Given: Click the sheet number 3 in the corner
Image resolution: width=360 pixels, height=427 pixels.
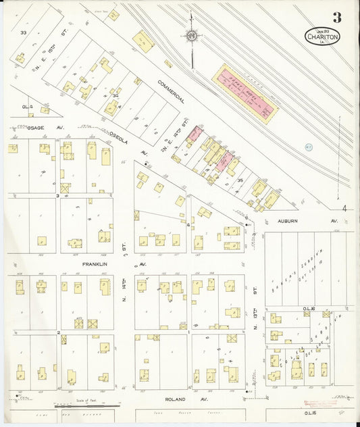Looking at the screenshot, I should pyautogui.click(x=336, y=18).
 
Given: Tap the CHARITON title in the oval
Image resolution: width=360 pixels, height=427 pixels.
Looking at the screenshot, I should pyautogui.click(x=322, y=37).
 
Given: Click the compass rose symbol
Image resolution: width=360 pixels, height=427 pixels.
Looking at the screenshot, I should pyautogui.click(x=191, y=36).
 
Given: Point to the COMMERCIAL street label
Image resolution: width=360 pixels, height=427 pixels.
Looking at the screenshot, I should pyautogui.click(x=172, y=91).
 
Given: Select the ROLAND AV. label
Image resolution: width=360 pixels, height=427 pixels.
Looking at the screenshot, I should pyautogui.click(x=177, y=400).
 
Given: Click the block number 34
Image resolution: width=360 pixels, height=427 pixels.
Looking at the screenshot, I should pyautogui.click(x=115, y=96).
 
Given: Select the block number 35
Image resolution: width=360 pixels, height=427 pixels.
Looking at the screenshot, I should pyautogui.click(x=240, y=180).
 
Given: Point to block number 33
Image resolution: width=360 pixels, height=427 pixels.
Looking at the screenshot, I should pyautogui.click(x=23, y=32).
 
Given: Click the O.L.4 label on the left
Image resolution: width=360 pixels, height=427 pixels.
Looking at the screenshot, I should pyautogui.click(x=27, y=106).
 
